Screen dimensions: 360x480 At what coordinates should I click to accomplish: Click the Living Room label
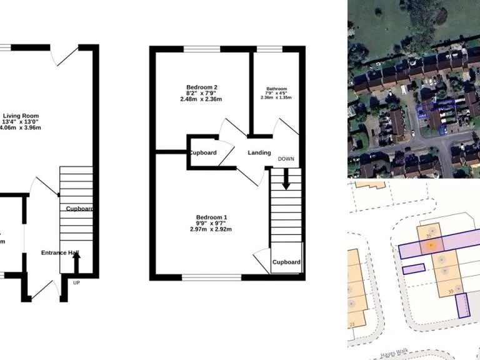click(21, 116)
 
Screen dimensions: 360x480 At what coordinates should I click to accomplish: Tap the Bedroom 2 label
click(202, 87)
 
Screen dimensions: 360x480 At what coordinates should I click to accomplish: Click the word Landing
click(259, 153)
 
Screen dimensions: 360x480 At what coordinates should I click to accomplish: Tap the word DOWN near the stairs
click(286, 159)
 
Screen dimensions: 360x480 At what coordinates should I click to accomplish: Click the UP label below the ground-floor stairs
click(77, 282)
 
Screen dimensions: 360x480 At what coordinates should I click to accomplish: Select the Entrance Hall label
click(60, 253)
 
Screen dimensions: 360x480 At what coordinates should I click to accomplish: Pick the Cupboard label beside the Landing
click(202, 153)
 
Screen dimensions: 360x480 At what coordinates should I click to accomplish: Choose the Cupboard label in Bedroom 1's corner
click(286, 262)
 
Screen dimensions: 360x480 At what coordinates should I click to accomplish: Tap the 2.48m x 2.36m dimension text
click(201, 99)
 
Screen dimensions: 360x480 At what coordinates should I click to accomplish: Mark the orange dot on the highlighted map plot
click(430, 245)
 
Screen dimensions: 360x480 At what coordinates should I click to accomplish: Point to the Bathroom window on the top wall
click(269, 49)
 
